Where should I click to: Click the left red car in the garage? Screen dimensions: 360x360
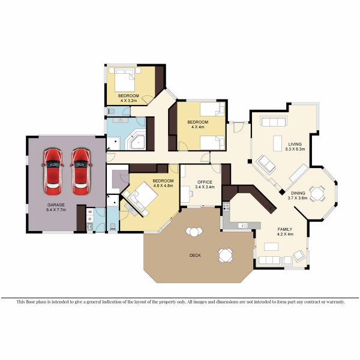pos(53,172)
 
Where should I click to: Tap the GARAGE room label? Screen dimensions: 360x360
pos(56,205)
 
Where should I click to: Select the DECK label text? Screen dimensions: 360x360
pos(195,255)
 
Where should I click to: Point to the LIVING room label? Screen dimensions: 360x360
pos(295,144)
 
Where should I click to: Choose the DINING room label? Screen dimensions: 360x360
pos(298,192)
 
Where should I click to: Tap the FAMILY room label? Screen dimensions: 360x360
pos(284,229)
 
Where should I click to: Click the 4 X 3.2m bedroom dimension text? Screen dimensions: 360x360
pos(128,101)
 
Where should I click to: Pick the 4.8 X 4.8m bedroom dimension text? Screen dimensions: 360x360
pos(163,186)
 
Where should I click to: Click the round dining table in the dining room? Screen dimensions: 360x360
pos(317,193)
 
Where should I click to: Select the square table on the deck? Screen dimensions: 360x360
pos(225,255)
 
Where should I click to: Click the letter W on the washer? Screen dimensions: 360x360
pos(89,212)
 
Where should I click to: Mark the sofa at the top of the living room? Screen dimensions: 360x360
pos(274,122)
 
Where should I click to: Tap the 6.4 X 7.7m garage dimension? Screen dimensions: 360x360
pos(56,210)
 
